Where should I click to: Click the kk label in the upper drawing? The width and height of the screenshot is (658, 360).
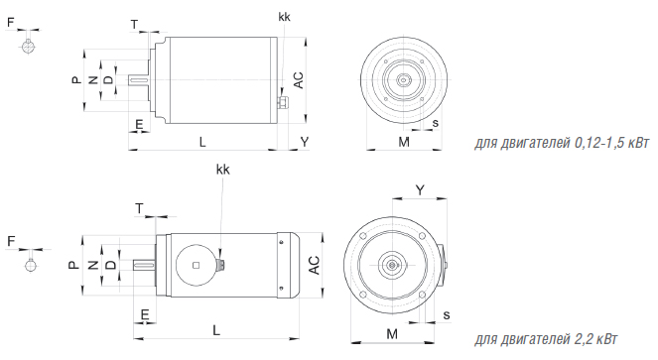(284, 17)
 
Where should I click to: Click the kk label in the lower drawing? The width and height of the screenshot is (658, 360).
(223, 170)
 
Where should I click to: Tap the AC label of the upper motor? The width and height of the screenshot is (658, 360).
(298, 80)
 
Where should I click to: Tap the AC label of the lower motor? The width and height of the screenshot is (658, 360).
(315, 265)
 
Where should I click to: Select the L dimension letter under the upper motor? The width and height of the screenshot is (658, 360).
(202, 142)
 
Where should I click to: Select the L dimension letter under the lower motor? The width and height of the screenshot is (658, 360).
(216, 330)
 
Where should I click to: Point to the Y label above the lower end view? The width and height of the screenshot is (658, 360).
(420, 190)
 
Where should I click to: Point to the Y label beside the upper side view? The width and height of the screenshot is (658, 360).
(305, 142)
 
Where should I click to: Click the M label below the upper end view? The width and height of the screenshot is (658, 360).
(404, 142)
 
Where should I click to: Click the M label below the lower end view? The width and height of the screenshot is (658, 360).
(392, 334)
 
